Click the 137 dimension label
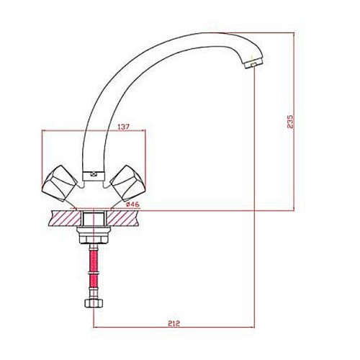click(x=124, y=127)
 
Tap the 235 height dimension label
click(x=290, y=122)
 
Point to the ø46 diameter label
click(x=132, y=204)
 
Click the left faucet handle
click(x=59, y=183)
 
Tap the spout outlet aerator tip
click(x=253, y=64)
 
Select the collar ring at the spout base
click(x=94, y=176)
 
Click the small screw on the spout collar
click(x=94, y=174)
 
